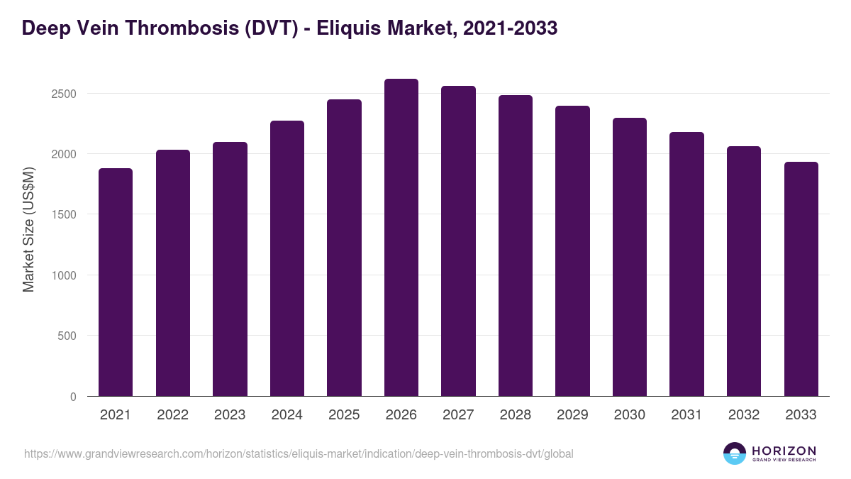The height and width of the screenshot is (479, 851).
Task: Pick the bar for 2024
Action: coord(287,258)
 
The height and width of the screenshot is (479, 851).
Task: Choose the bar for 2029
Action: coord(572,251)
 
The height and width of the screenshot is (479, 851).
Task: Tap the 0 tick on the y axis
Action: coord(72,397)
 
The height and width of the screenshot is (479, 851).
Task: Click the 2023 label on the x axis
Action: coord(230,415)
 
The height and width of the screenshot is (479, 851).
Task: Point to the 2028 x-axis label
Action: coord(516,415)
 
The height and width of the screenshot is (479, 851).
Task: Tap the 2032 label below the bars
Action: coord(744,415)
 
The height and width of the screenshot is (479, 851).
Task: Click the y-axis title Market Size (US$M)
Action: coord(29,229)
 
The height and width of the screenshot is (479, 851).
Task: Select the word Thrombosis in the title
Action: coord(163,28)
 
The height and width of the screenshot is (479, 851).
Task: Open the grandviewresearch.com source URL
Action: coord(299,453)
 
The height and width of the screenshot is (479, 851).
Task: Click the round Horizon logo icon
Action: coord(735,453)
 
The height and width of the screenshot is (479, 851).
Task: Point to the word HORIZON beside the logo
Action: coord(784,450)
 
